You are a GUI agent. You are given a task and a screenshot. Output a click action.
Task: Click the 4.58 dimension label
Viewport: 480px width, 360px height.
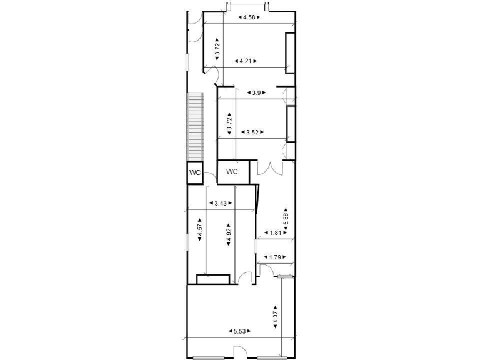tap(249, 18)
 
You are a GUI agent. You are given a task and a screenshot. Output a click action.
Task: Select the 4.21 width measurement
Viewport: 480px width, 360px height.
tap(246, 61)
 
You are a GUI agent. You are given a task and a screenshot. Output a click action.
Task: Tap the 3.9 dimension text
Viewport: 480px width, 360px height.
tap(256, 92)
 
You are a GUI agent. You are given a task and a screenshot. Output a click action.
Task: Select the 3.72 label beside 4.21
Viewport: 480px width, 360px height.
tap(217, 49)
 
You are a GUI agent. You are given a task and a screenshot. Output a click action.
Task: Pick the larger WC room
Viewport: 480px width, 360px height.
tap(232, 171)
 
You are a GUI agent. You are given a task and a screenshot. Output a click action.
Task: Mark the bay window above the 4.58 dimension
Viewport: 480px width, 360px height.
tap(249, 7)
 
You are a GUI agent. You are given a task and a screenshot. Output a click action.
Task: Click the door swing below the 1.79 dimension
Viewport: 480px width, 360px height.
tap(264, 269)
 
